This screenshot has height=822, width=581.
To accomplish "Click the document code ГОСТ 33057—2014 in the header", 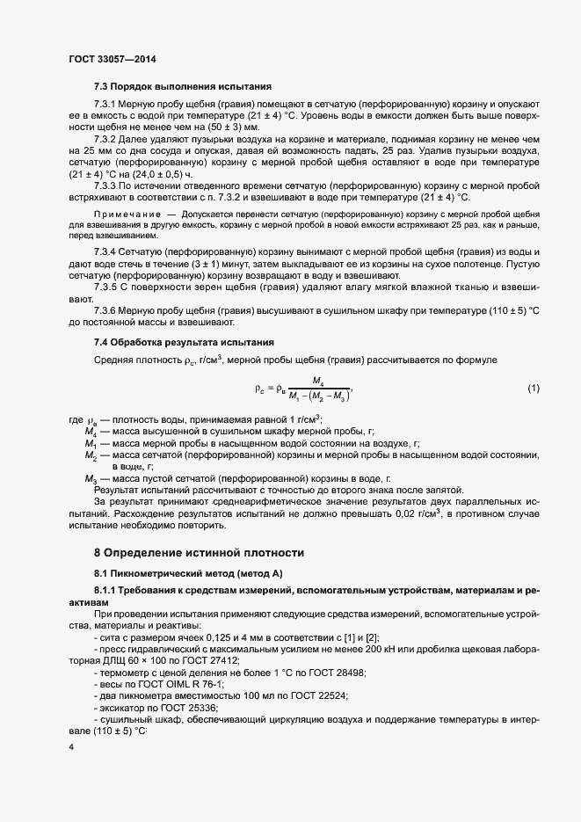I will [x=112, y=60].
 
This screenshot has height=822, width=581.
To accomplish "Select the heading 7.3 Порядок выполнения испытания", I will [x=183, y=87].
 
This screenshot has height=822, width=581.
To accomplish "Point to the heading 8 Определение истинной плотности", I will [x=199, y=553].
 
